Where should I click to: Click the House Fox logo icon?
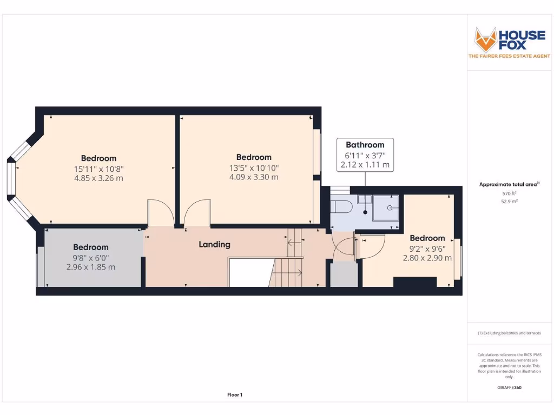click(485, 39)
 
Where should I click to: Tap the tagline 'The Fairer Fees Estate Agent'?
click(509, 56)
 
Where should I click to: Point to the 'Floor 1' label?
click(234, 395)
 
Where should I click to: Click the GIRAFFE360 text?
click(509, 387)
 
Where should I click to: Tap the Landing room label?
click(214, 244)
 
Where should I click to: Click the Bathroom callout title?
click(365, 145)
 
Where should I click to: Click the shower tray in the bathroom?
click(387, 208)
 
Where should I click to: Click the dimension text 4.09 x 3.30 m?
click(253, 177)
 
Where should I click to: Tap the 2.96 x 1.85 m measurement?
click(90, 267)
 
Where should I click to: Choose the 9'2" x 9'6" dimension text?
click(427, 249)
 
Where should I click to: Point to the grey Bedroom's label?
click(90, 247)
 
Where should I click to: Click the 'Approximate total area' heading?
click(509, 184)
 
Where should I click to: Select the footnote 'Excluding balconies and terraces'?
click(509, 333)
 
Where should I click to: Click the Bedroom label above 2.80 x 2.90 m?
click(427, 238)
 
